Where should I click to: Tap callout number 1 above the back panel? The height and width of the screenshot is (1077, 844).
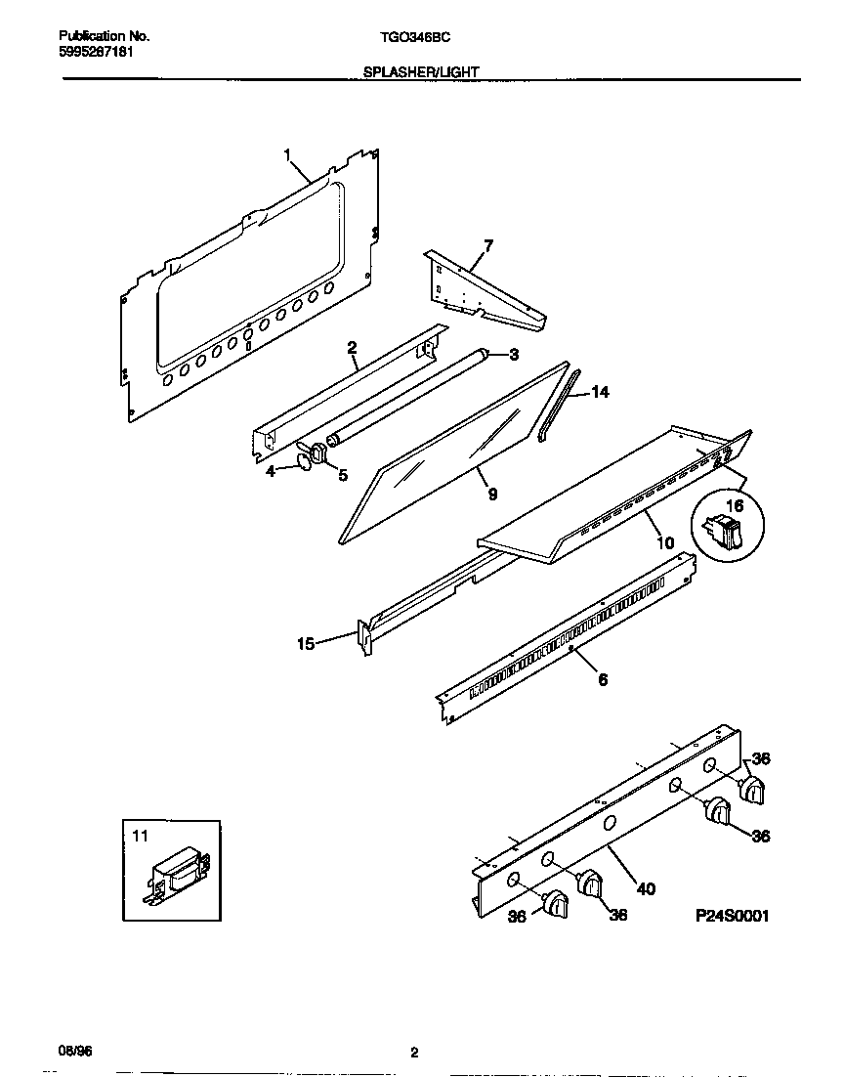pos(288,154)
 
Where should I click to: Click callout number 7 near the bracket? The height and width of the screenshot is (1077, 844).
pos(488,244)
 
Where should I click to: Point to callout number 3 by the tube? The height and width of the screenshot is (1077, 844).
pos(512,354)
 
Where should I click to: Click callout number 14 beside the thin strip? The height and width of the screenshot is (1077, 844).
pos(600,392)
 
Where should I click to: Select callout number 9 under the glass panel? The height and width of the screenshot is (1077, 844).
pos(492,495)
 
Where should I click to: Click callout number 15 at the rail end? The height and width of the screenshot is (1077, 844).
pos(306,643)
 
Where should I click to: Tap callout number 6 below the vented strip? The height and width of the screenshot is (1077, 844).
pos(603,679)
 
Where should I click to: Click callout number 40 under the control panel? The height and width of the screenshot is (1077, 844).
pos(645,888)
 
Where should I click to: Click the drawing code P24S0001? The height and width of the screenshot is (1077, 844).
pos(733,916)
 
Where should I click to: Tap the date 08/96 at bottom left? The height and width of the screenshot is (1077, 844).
pos(74,1052)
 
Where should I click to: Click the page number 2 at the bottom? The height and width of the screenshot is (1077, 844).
pos(414,1053)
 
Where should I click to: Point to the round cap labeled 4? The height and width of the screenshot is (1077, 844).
pos(306,460)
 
